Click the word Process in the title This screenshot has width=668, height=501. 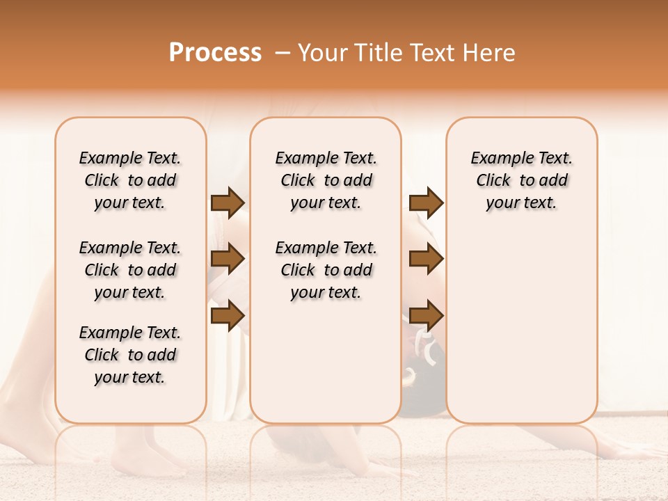[215, 53]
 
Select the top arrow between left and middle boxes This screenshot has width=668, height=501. [228, 202]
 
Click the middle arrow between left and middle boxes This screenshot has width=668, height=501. [228, 259]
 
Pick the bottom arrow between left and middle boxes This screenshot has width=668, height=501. [228, 315]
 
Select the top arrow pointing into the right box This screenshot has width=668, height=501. [426, 202]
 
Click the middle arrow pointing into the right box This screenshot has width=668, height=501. [426, 259]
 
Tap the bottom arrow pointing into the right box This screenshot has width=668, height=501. [426, 315]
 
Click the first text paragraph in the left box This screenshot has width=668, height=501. [130, 180]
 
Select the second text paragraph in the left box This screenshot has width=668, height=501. [130, 270]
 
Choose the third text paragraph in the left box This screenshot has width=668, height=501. [130, 355]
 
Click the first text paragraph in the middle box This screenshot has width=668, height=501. [326, 180]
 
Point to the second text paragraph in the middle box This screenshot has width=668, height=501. [326, 270]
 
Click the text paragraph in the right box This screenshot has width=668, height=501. [521, 180]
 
